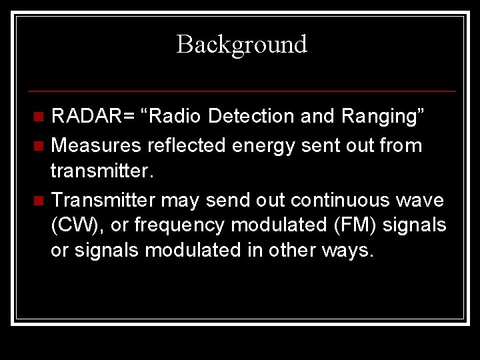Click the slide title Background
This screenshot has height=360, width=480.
point(241,45)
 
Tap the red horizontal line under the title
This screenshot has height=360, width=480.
point(241,91)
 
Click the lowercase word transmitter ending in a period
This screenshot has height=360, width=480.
point(103,171)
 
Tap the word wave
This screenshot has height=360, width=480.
point(425,199)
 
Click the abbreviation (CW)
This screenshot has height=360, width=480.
point(79,226)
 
